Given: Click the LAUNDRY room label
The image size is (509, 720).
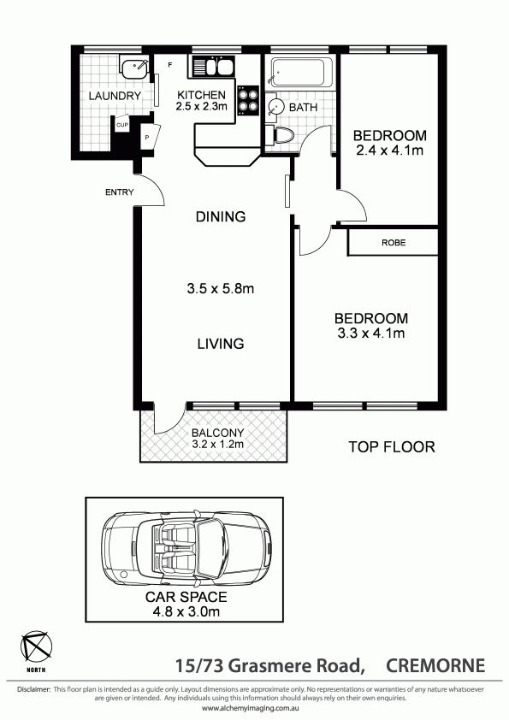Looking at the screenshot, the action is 115,96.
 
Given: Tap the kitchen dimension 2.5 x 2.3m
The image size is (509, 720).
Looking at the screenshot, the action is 202,107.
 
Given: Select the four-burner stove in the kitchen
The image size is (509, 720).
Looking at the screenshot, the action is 248,101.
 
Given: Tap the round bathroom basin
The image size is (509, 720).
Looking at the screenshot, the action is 276,107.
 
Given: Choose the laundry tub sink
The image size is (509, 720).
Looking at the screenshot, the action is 134,67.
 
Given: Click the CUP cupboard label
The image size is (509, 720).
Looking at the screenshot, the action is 122,125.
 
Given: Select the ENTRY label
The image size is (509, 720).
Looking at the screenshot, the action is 120,192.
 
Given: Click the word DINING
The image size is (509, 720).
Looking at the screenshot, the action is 221,216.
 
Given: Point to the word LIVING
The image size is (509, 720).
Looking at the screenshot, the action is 221,344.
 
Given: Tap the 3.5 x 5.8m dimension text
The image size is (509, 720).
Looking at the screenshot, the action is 221,289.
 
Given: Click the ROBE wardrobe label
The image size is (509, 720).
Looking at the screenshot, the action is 394,243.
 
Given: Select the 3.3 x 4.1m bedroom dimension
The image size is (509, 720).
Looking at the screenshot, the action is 371,333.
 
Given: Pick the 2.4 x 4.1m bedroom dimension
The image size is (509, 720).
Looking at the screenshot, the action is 389,150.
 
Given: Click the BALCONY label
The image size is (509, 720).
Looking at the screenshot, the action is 218,433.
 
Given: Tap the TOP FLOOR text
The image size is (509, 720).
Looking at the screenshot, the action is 392,446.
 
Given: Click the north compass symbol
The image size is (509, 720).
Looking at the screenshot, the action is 36,647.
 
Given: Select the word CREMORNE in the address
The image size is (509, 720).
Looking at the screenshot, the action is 435,665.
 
